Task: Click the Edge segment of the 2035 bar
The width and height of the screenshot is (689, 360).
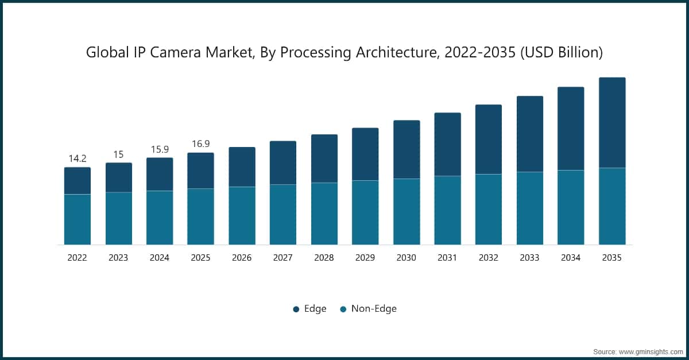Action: tap(612, 122)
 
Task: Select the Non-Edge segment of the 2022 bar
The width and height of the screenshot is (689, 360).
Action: tap(77, 219)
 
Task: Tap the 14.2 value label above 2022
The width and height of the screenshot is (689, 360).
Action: tap(77, 159)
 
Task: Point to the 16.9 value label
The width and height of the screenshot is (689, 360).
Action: tap(200, 144)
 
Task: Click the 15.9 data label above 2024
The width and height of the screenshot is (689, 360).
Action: tap(160, 149)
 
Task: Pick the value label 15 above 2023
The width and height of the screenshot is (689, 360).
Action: tap(118, 154)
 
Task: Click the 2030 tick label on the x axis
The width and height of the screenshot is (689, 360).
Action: tap(406, 258)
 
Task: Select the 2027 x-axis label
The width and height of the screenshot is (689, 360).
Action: tap(282, 258)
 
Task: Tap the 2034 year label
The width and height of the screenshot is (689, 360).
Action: tap(571, 258)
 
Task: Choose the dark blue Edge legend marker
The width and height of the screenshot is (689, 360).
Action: tap(296, 309)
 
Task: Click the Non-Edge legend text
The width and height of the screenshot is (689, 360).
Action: tap(374, 309)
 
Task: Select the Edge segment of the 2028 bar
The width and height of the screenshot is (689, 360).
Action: tap(324, 158)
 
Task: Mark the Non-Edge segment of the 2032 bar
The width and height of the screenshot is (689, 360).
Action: tap(489, 209)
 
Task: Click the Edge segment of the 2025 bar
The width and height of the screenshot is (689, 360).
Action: tap(200, 171)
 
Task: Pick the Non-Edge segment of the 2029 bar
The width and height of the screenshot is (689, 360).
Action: tap(365, 212)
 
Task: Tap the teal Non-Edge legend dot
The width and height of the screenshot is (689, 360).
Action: tap(343, 309)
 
